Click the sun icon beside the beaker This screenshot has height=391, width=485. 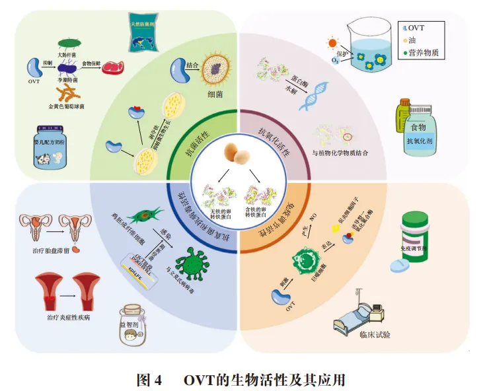pyautogui.click(x=333, y=44)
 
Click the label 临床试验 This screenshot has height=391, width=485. pyautogui.click(x=375, y=334)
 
